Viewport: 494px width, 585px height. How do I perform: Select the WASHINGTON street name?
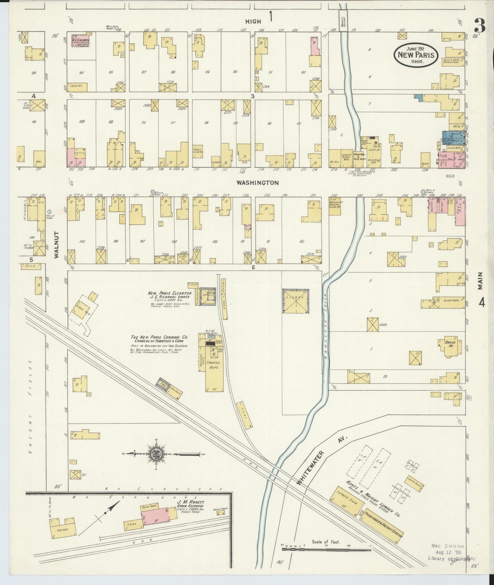258,183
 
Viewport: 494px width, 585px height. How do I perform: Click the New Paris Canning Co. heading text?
159,337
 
